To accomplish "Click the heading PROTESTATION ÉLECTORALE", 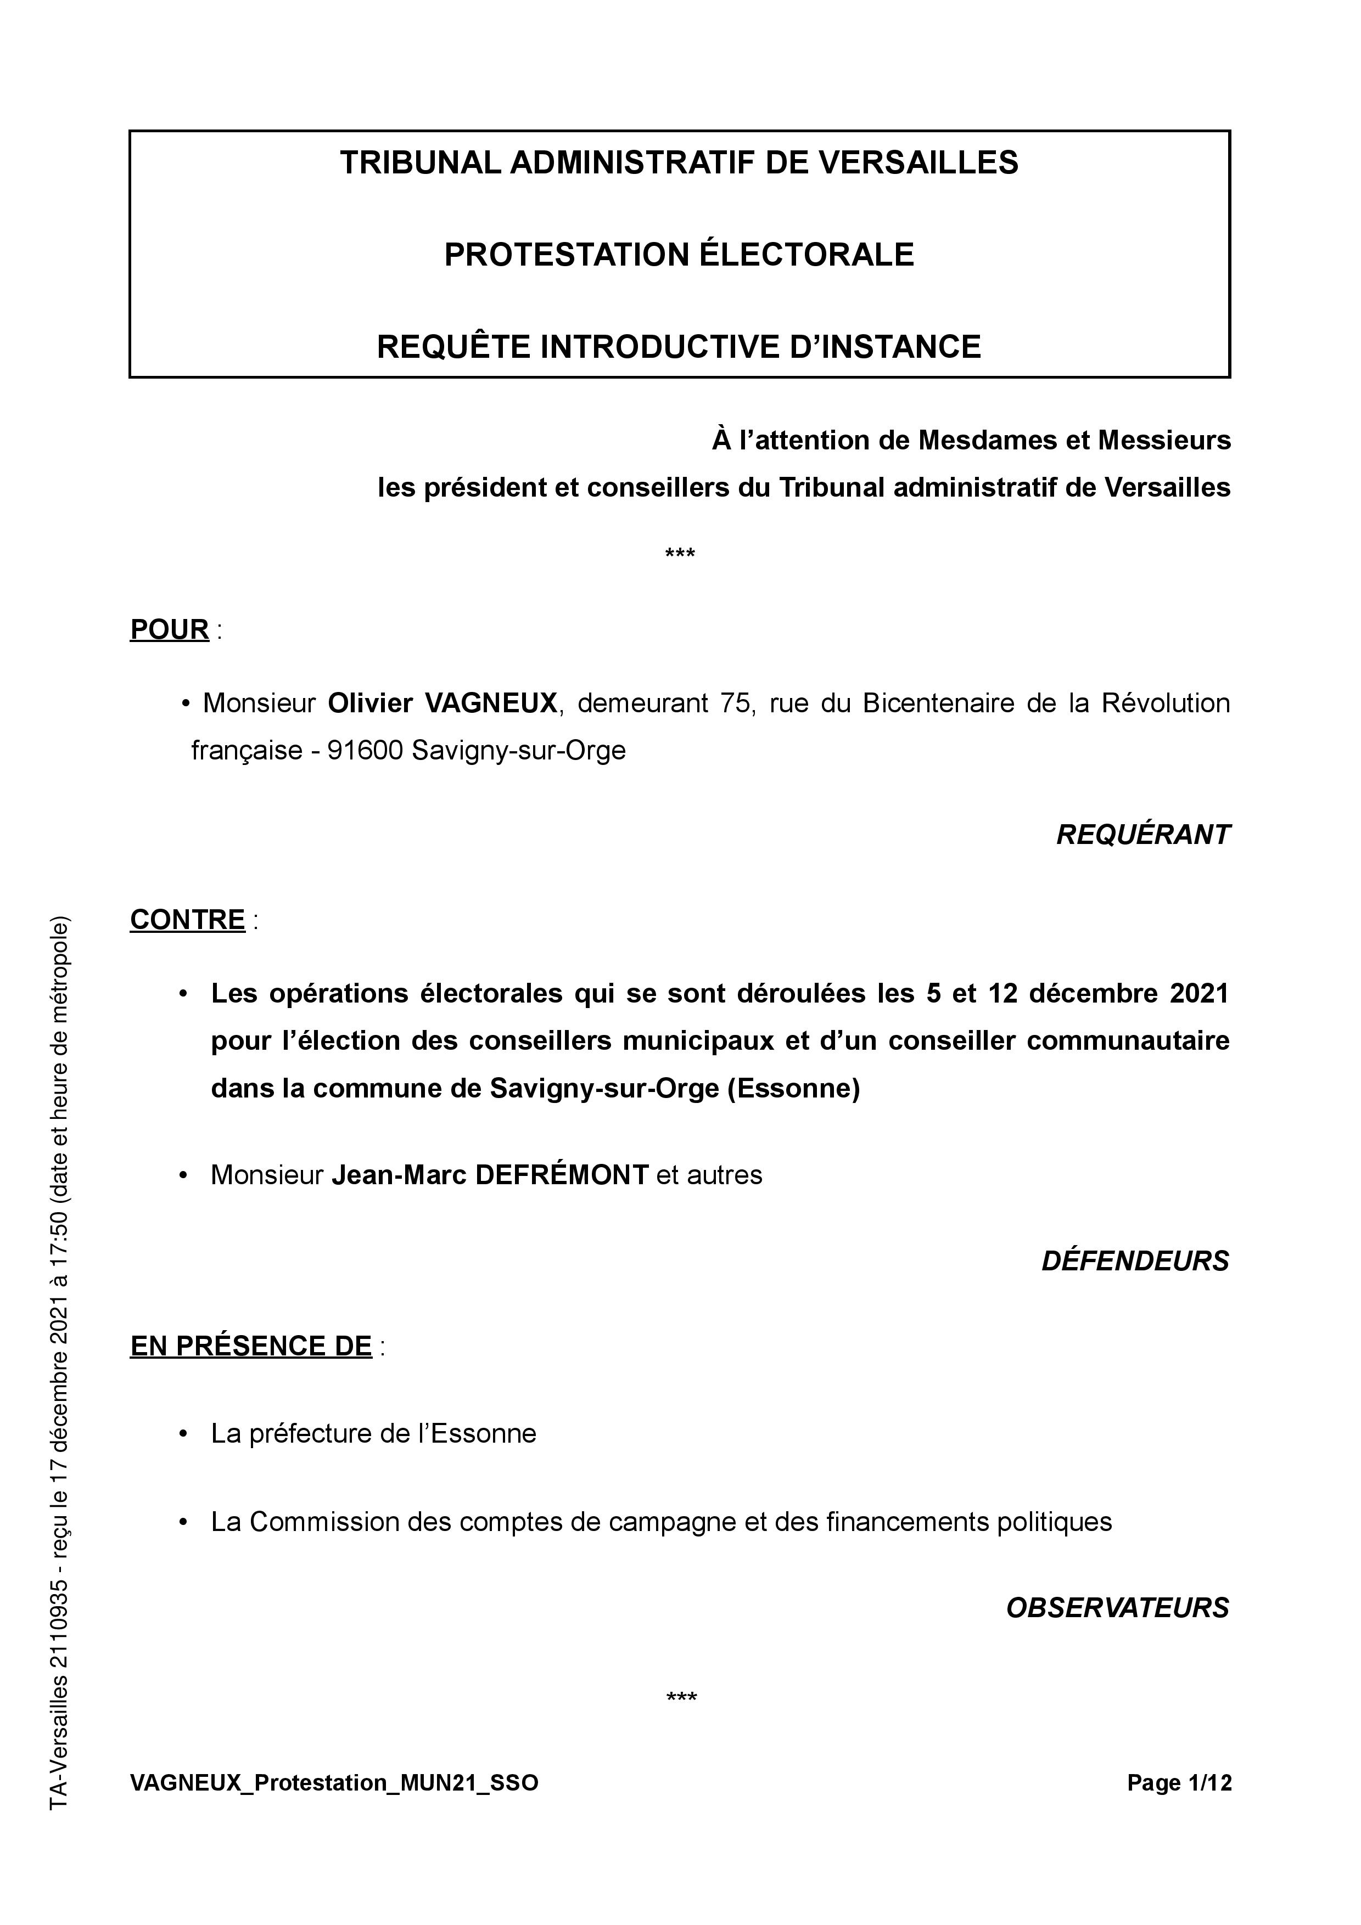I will pos(679,255).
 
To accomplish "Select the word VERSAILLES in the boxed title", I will pos(918,162).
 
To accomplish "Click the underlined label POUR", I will pos(170,629).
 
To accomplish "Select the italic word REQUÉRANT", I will pos(1143,835).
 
